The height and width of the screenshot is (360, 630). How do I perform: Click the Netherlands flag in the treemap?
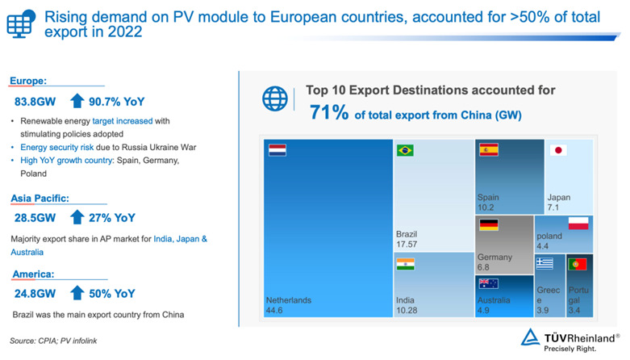click(277, 150)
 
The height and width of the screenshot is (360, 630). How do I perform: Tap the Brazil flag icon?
click(405, 150)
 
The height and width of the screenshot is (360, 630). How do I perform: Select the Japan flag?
click(558, 150)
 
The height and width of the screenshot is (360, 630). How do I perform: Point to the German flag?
click(489, 225)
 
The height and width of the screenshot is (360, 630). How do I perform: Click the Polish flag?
click(578, 224)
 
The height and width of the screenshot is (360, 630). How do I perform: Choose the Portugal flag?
click(578, 264)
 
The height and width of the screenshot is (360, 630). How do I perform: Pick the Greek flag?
click(544, 263)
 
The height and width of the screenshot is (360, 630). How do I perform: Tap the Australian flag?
click(489, 283)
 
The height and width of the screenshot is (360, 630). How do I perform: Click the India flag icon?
click(406, 264)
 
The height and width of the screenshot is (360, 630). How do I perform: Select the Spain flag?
click(489, 149)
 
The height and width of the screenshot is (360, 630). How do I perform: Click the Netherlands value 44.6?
click(274, 311)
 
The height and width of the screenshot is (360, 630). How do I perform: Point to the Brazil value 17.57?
click(407, 244)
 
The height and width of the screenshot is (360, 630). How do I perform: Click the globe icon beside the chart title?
click(275, 98)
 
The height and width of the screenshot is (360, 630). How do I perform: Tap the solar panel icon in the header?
click(21, 23)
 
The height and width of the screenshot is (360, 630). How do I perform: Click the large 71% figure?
click(329, 112)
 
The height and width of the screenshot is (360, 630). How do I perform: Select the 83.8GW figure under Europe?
click(35, 102)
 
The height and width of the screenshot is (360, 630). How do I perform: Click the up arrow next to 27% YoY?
click(77, 217)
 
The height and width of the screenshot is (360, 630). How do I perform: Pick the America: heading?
click(33, 274)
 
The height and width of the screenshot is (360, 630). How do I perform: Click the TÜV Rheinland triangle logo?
click(530, 337)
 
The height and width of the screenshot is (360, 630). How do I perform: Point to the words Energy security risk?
click(57, 147)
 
